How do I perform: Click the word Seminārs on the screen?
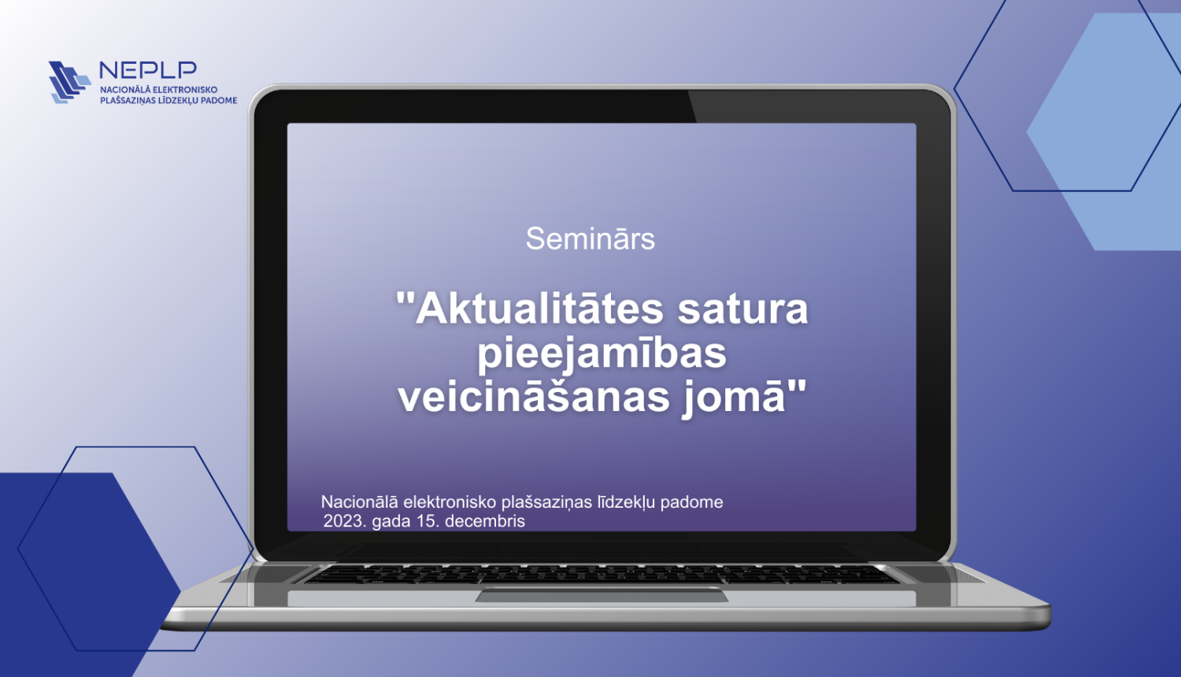tap(590, 239)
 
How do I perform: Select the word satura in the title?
tap(742, 309)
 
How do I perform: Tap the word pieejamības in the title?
tap(602, 353)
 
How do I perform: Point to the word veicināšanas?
tap(534, 397)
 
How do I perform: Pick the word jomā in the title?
tap(740, 397)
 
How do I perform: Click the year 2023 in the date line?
tap(343, 521)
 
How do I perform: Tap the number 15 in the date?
tap(428, 521)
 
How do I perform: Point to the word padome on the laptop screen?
tap(690, 502)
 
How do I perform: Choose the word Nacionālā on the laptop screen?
tap(359, 502)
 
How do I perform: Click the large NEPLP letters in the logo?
tap(148, 70)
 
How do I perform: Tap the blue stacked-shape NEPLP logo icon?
tap(68, 82)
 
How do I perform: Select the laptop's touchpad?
tap(602, 596)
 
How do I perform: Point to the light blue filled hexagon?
tap(1110, 134)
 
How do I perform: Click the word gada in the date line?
tap(391, 521)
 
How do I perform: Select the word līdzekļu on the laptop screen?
tap(626, 502)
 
